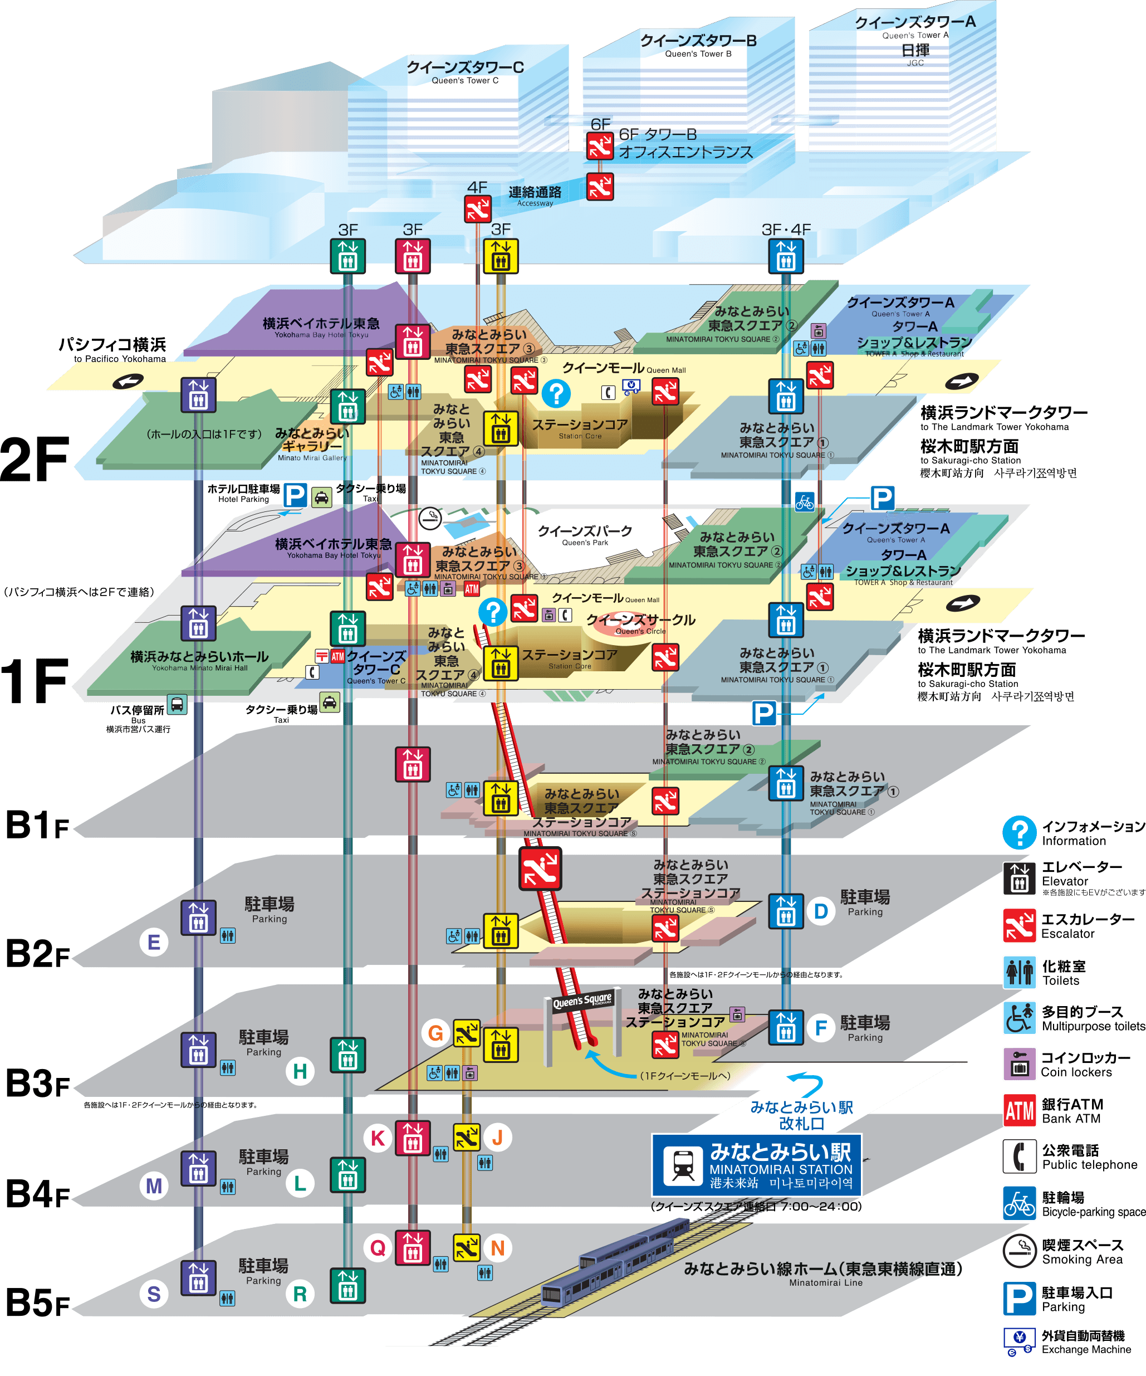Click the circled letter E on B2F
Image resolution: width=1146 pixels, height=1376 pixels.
tap(154, 942)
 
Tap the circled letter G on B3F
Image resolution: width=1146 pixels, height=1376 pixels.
tap(435, 1033)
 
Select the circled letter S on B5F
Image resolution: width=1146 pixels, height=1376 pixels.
tap(154, 1294)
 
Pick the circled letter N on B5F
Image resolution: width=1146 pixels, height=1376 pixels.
tap(498, 1248)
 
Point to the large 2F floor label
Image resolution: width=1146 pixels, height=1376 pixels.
tap(35, 458)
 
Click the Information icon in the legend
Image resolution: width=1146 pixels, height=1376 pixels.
tap(1019, 832)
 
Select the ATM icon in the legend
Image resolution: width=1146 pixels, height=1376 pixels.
tap(1019, 1111)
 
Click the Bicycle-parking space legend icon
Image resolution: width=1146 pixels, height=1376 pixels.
tap(1019, 1204)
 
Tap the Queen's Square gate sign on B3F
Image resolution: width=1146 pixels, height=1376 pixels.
tap(582, 1001)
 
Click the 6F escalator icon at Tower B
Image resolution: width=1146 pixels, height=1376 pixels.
tap(599, 146)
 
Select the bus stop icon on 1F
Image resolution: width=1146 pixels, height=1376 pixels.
tap(177, 704)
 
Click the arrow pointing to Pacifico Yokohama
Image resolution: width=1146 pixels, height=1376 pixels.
tap(128, 382)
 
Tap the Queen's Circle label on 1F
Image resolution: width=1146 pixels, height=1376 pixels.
tap(640, 621)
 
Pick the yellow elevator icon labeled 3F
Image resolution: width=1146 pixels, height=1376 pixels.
tap(500, 256)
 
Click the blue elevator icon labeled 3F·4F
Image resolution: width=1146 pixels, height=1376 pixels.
tap(786, 256)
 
